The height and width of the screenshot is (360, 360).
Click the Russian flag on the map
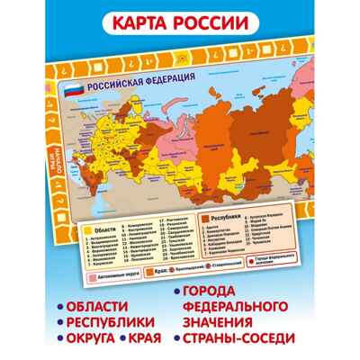[x=71, y=88]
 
